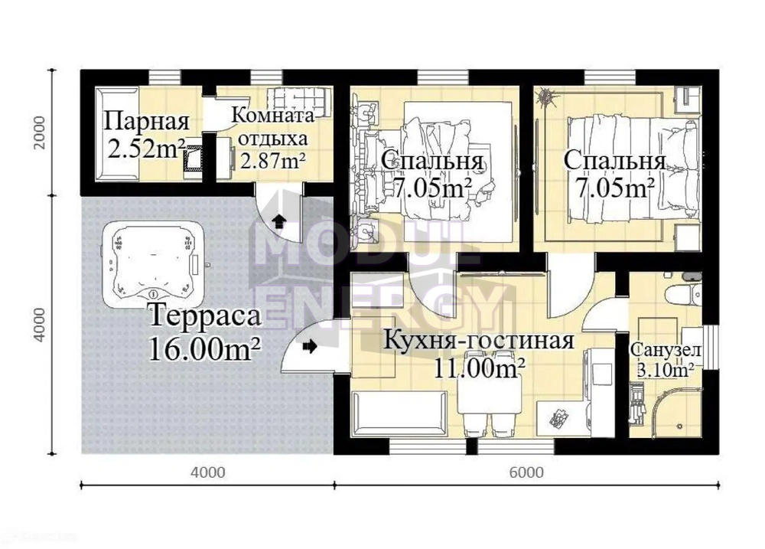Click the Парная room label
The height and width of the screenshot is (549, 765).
(146, 121)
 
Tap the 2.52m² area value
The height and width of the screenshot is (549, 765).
(145, 149)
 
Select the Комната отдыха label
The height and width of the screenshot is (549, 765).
(272, 127)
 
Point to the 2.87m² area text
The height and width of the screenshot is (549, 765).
(273, 160)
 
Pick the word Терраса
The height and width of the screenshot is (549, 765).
(205, 316)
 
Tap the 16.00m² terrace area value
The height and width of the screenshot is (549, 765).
(204, 348)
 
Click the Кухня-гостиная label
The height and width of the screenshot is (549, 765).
(479, 341)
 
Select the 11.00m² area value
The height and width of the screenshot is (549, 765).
(479, 368)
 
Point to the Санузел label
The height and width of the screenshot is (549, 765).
(666, 350)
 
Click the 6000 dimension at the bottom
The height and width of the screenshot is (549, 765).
(526, 472)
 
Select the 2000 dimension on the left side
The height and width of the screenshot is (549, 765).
(40, 132)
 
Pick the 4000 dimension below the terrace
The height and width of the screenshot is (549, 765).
(208, 472)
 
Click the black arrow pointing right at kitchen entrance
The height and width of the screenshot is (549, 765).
(310, 346)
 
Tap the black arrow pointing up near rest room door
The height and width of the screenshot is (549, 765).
(279, 221)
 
